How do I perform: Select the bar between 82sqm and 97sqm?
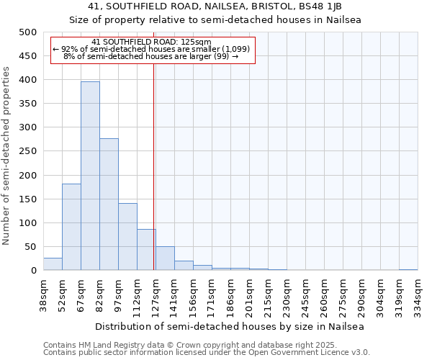tap(109, 204)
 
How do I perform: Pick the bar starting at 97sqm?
tap(127, 237)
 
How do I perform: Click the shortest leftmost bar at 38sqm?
tap(53, 264)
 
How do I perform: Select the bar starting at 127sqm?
tap(165, 258)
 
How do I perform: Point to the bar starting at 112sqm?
tap(146, 250)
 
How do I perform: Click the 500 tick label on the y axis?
tap(27, 32)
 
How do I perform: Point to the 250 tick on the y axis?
tap(27, 151)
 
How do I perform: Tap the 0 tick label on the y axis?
tap(33, 271)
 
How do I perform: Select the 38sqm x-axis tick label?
tap(44, 295)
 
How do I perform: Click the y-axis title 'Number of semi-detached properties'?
tap(7, 156)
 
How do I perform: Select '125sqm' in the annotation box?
tap(196, 42)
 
